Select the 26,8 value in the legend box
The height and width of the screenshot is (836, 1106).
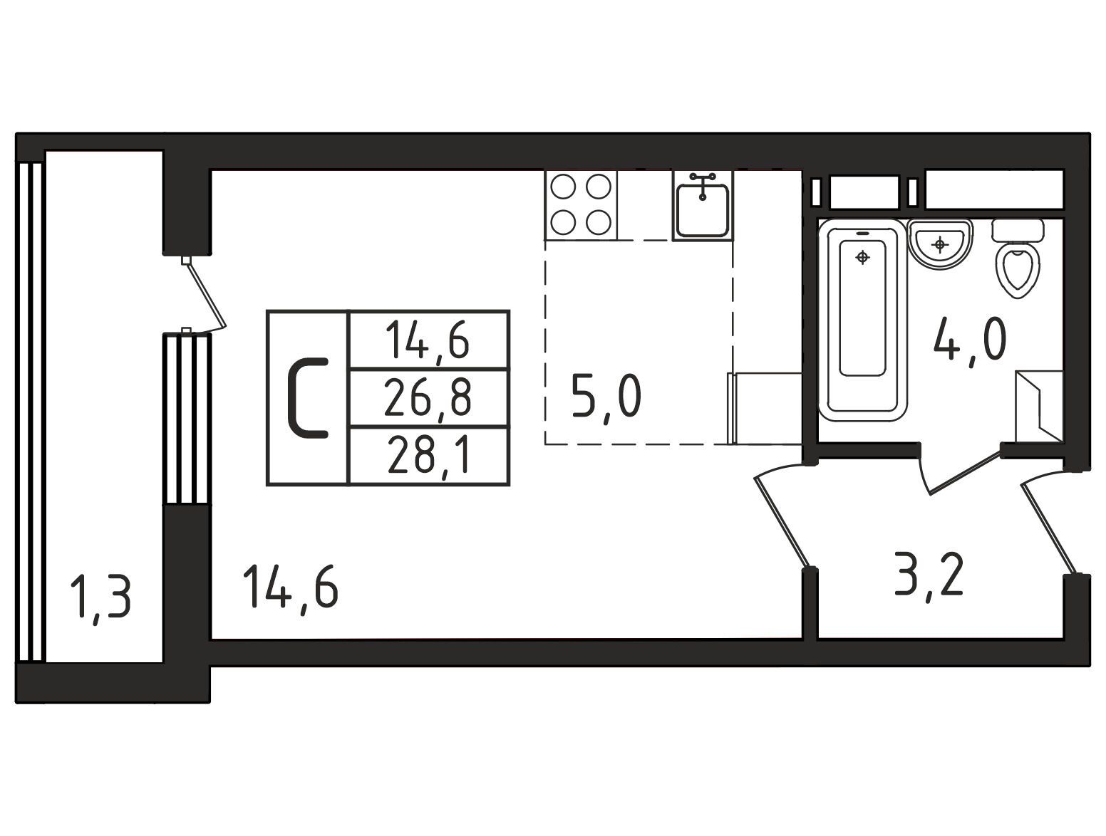pos(428,398)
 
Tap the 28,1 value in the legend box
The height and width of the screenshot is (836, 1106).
pos(428,456)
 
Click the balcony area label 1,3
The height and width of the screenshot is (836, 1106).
pos(100,600)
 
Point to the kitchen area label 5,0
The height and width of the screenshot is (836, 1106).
pos(606,398)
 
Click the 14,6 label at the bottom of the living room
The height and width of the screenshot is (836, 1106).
pos(290,591)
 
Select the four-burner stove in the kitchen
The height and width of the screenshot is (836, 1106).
pos(581,205)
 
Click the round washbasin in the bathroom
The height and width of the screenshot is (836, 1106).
pos(939,246)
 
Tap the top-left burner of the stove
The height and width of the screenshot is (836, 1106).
pos(562,187)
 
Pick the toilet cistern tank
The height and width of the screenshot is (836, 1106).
pos(1018,230)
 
